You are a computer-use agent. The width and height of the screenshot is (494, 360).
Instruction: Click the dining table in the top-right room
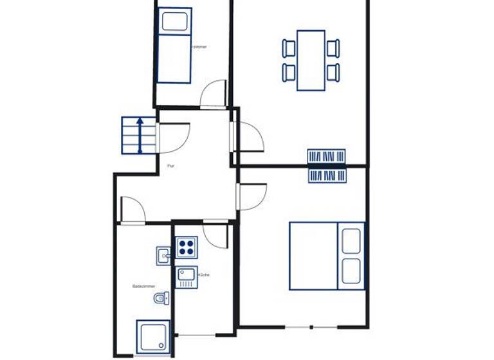(311, 60)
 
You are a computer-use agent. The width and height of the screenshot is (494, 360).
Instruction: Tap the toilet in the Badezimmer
(161, 298)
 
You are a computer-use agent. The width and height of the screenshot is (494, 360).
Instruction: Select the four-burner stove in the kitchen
(187, 247)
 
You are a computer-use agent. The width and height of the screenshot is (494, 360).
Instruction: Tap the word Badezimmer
(142, 286)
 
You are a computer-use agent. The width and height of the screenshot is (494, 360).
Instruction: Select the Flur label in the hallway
(171, 166)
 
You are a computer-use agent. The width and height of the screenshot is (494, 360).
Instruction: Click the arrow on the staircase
(141, 136)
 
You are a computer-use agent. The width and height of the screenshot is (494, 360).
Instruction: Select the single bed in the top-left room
(174, 45)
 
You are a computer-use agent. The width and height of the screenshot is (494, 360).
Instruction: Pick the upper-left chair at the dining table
(289, 48)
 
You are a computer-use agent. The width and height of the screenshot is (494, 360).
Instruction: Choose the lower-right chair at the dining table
(333, 72)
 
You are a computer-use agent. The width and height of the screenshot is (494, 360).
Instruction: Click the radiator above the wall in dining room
(327, 156)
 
